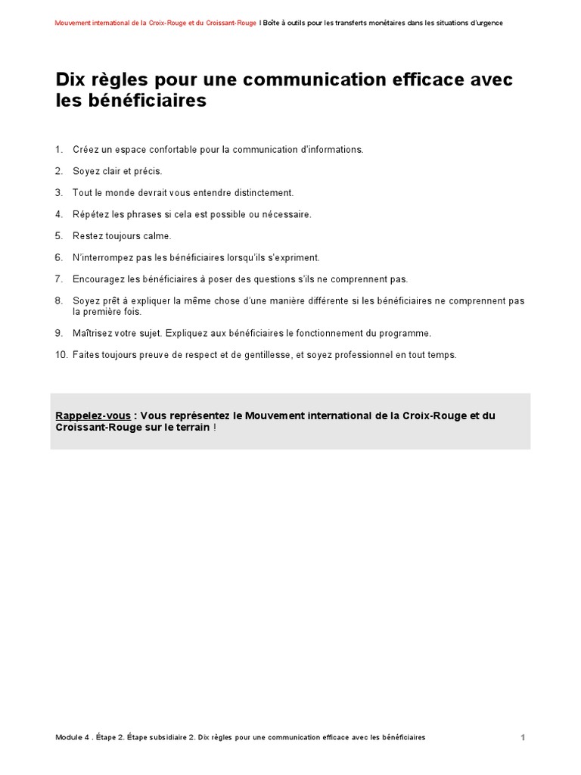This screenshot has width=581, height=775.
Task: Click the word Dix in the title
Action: [x=70, y=79]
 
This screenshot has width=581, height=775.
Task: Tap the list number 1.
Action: [x=58, y=150]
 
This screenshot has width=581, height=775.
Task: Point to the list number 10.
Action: [x=61, y=355]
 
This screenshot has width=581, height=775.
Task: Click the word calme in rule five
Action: [x=157, y=236]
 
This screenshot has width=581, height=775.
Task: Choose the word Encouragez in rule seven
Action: [x=98, y=279]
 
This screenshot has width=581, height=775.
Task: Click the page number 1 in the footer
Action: [x=523, y=737]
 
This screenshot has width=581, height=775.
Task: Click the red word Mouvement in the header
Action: [x=73, y=23]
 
